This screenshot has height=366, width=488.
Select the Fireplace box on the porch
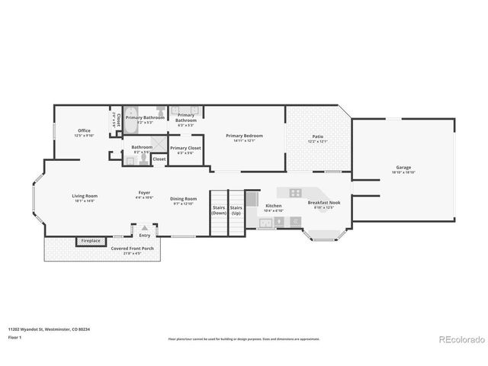pos(90,241)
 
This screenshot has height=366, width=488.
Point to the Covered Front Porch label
pos(133,249)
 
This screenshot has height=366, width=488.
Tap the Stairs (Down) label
pos(219,210)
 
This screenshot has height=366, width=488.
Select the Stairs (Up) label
pos(236,210)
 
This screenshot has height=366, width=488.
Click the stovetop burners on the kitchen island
pos(295,192)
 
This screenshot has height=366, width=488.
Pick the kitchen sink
pos(266,223)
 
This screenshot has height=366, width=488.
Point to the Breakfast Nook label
pos(323,203)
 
